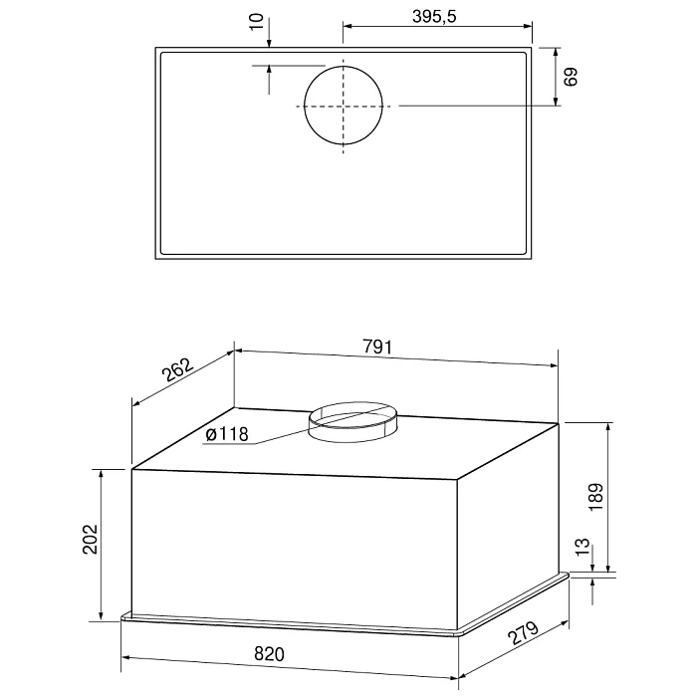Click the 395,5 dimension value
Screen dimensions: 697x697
434,17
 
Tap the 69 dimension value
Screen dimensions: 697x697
571,77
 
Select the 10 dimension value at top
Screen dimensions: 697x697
257,22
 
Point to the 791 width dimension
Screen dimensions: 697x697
377,347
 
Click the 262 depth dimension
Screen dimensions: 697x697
178,369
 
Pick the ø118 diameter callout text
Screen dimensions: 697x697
227,434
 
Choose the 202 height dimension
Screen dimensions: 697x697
91,539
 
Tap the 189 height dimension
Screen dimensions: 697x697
595,497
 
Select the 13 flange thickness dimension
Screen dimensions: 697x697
582,547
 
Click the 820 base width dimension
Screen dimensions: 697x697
269,654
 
